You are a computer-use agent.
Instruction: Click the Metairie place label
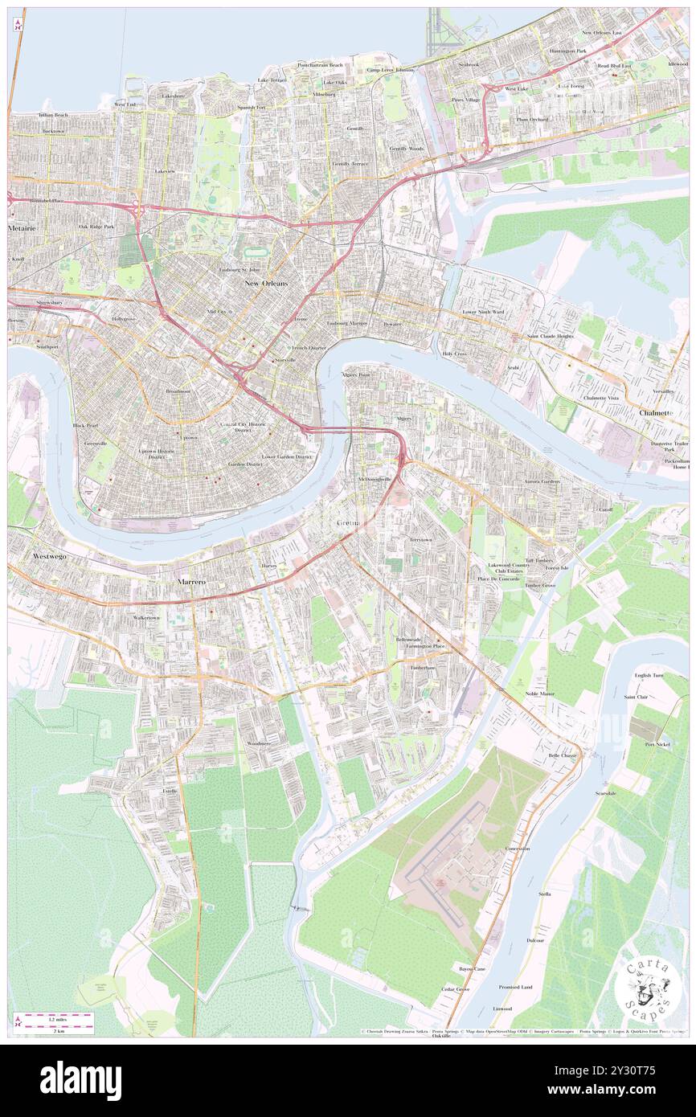[23, 228]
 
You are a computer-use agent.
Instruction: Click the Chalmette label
[654, 412]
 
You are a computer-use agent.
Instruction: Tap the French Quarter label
[309, 348]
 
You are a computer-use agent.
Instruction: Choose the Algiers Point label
[355, 374]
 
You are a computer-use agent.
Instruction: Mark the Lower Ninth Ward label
[483, 311]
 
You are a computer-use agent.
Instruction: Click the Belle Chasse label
[563, 756]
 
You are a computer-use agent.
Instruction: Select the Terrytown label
[421, 539]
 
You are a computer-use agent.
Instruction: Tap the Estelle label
[170, 791]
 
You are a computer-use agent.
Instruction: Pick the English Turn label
[649, 676]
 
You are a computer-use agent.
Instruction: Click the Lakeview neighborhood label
[165, 171]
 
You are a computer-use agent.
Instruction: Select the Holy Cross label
[454, 354]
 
